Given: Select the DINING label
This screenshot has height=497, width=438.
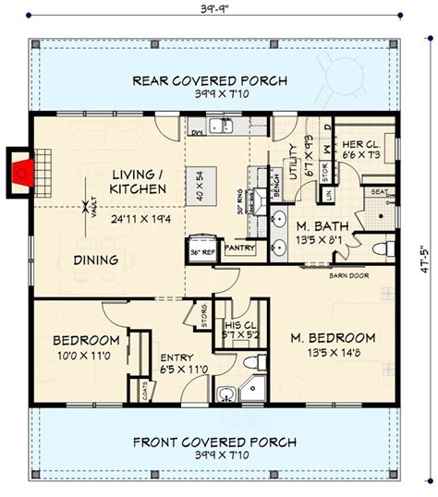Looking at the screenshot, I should tap(95, 261).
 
